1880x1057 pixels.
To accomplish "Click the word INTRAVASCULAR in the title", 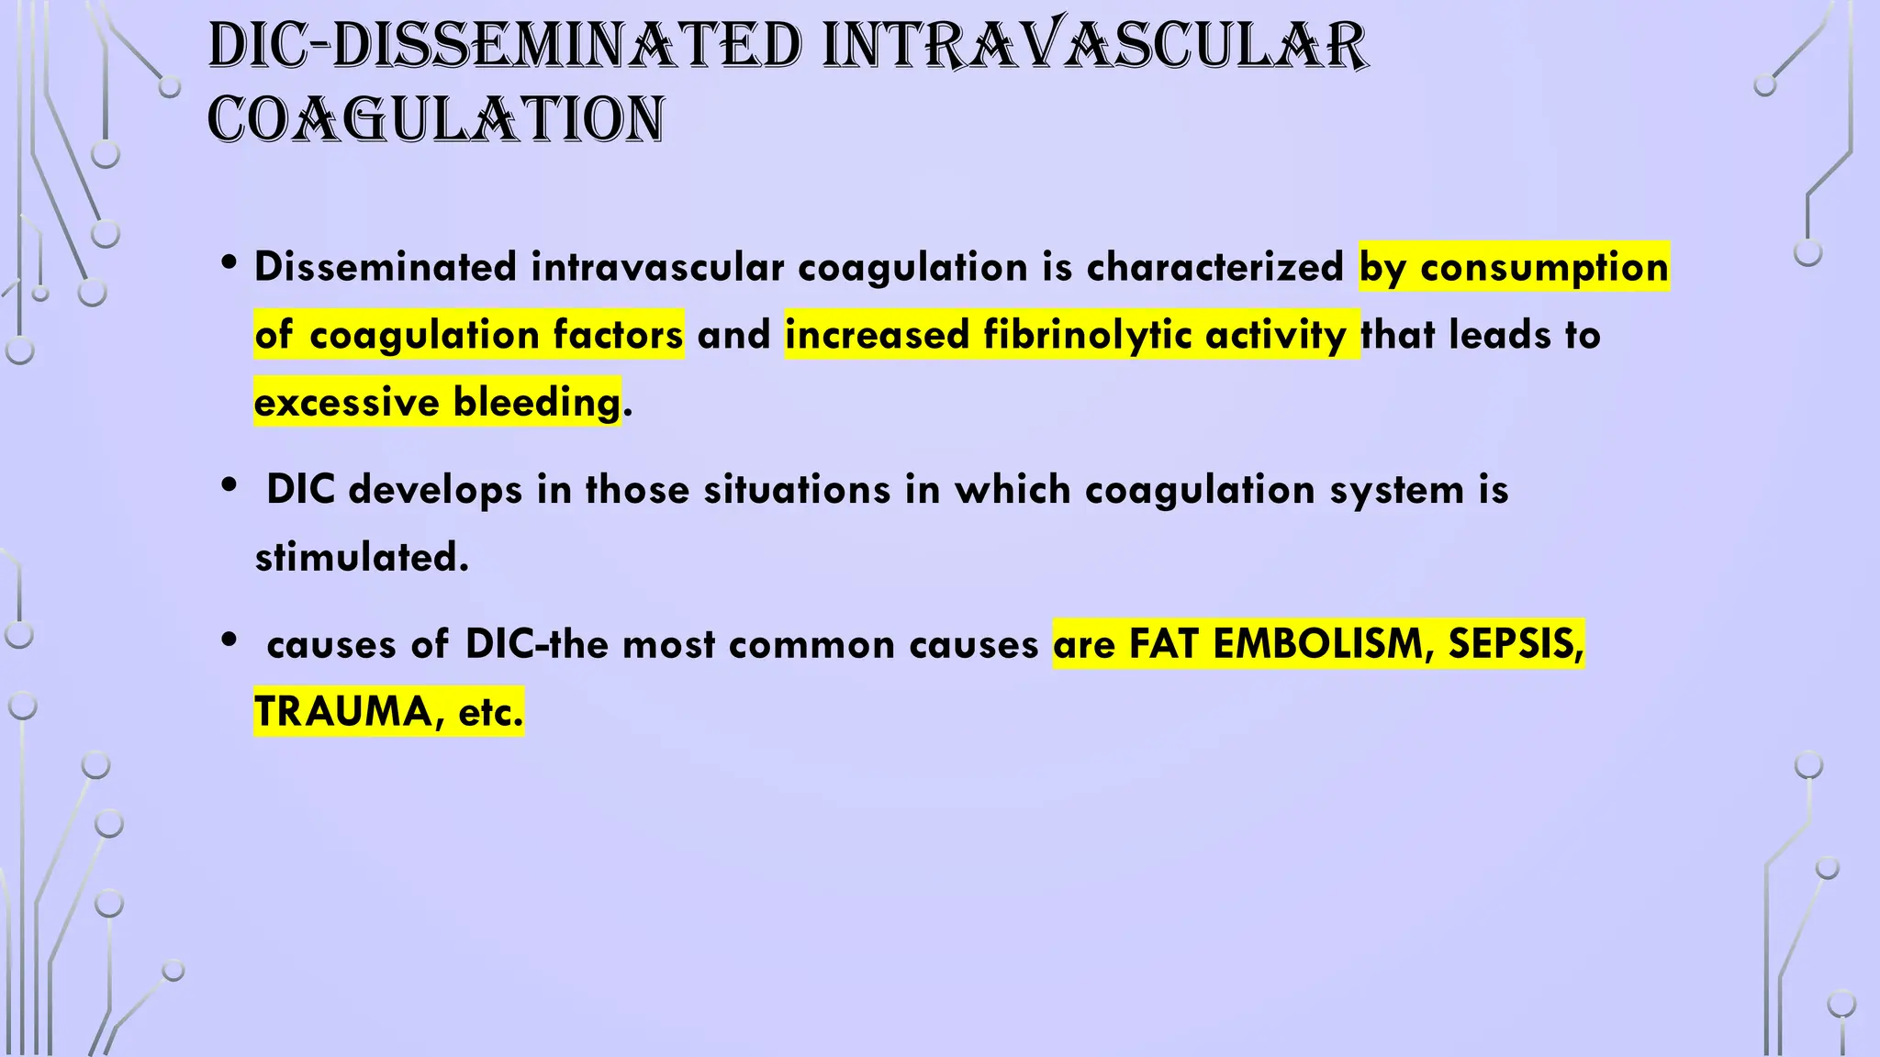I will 1094,46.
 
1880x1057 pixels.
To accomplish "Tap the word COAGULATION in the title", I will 436,120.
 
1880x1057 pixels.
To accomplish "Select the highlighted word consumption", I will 1544,267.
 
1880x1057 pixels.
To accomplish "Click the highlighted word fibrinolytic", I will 1087,335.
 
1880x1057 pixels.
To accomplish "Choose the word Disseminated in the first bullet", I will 386,267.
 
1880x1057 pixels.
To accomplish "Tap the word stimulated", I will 362,557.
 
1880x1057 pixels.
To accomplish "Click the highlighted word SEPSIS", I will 1516,643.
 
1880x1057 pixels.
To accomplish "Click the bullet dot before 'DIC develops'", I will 229,485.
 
